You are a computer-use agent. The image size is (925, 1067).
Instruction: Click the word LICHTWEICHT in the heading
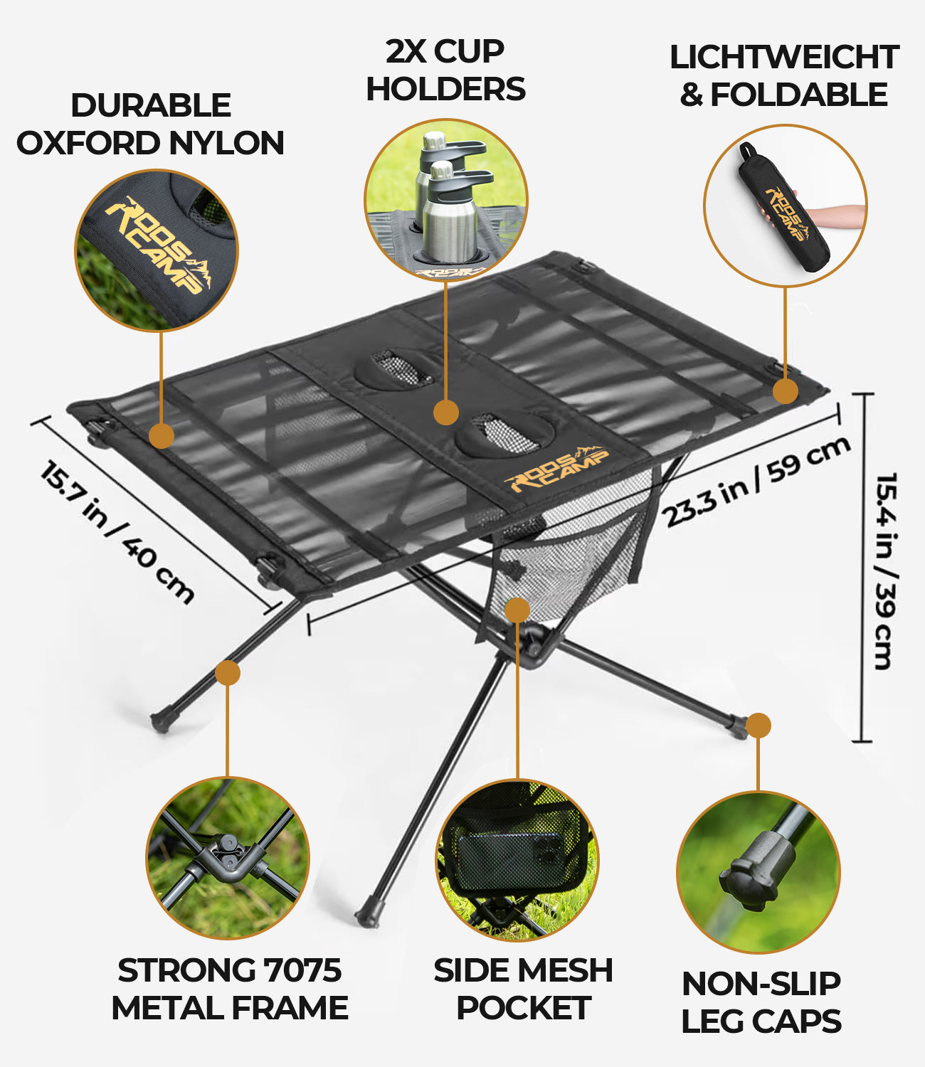[784, 58]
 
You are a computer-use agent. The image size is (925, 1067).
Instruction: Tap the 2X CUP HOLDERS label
[445, 70]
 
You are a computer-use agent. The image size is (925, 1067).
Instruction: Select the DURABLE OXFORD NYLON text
[150, 124]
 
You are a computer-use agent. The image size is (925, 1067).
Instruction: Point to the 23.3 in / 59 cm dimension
[757, 482]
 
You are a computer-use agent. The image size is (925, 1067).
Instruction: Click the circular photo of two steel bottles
[446, 201]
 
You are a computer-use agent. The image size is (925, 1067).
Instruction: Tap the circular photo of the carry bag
[785, 206]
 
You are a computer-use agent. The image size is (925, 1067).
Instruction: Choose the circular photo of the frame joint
[228, 858]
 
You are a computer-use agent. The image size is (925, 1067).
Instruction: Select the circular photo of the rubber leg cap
[758, 872]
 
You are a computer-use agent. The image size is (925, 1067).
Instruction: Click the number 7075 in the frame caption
[302, 970]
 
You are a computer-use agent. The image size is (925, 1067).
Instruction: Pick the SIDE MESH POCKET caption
[523, 989]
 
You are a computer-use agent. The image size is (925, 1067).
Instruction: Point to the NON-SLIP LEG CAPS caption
[761, 1002]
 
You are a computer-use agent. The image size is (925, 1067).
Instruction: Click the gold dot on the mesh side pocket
[517, 610]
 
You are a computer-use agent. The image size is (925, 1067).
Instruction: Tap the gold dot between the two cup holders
[446, 412]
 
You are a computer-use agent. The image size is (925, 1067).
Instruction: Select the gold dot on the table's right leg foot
[758, 726]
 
